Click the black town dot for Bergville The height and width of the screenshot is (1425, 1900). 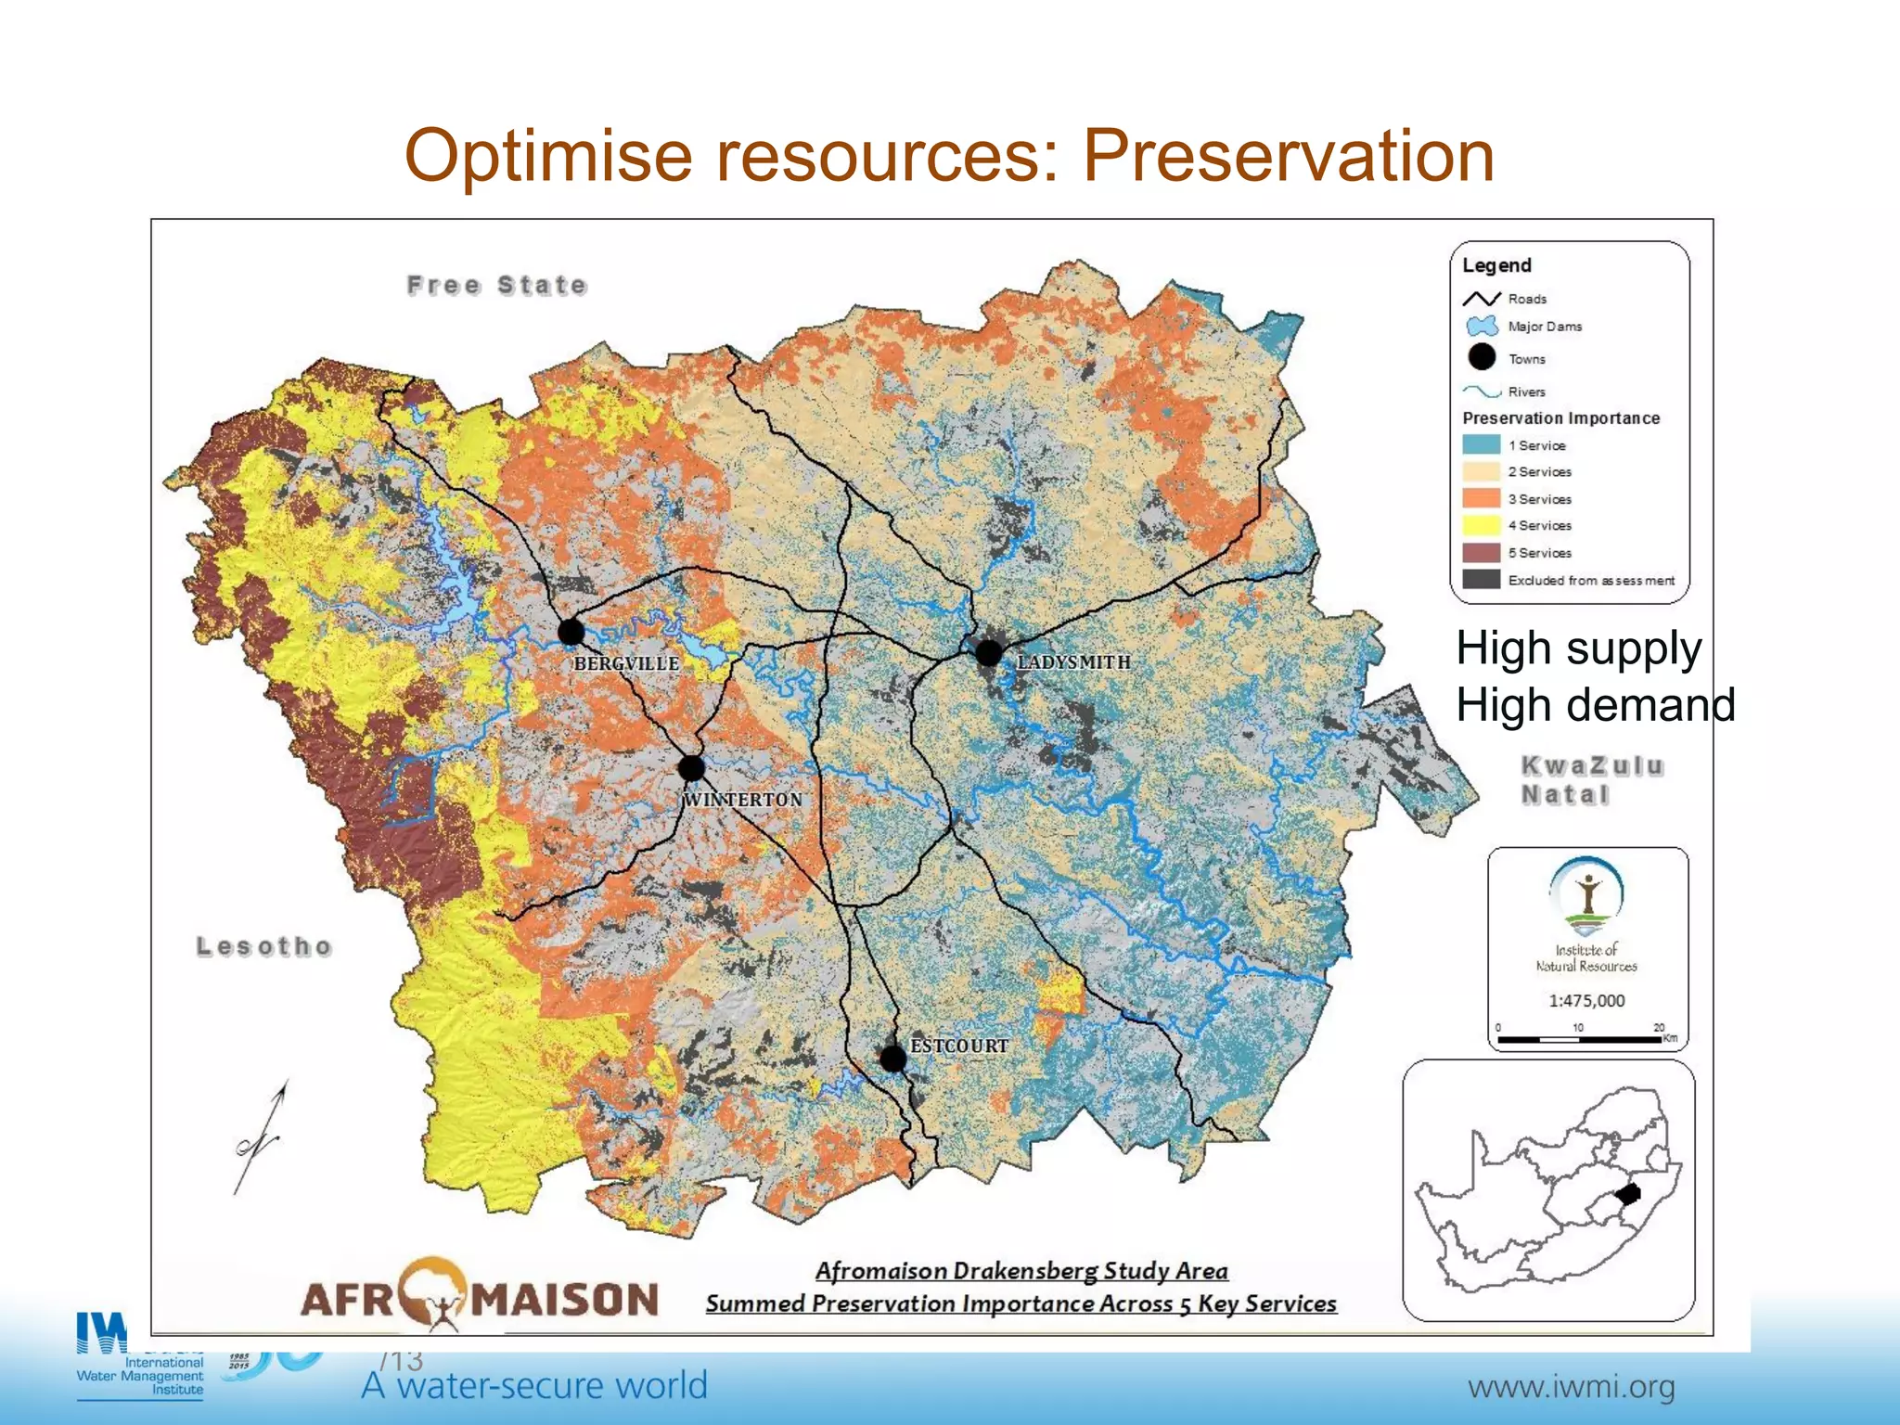(x=571, y=633)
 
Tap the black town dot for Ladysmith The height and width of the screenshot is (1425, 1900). (x=988, y=653)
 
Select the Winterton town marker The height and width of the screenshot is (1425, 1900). (x=691, y=768)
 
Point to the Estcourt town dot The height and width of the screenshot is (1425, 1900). (x=892, y=1059)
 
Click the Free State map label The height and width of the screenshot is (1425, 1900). (x=497, y=285)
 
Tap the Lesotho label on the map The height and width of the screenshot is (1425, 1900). (x=264, y=947)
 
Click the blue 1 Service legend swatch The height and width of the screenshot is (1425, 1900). (x=1481, y=445)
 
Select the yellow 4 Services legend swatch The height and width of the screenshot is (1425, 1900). (x=1481, y=525)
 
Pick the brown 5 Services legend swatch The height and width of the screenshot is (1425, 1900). (x=1481, y=553)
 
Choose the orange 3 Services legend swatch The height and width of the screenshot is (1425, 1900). (x=1481, y=498)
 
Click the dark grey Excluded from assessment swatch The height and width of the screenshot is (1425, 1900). (x=1481, y=580)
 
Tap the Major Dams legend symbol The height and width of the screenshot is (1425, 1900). (x=1482, y=327)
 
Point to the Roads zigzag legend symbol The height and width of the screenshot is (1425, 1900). (x=1481, y=299)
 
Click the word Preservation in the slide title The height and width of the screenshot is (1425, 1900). (x=1289, y=155)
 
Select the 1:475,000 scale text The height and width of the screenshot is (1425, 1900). (x=1586, y=1001)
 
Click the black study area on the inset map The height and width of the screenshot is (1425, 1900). (x=1628, y=1194)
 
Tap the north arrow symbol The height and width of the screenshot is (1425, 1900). (x=261, y=1136)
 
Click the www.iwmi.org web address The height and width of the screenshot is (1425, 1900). (x=1571, y=1388)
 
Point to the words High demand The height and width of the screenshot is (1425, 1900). (x=1595, y=705)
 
